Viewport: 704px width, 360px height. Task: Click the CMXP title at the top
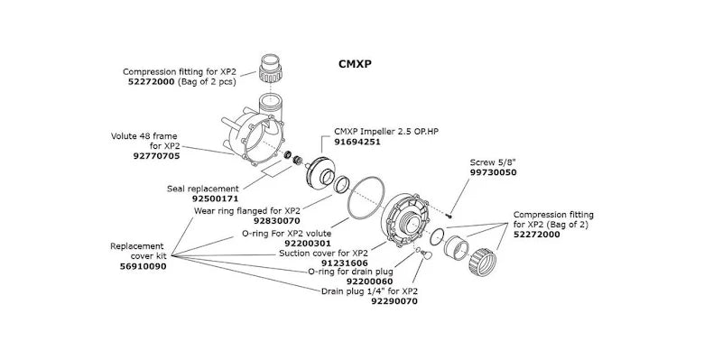355,64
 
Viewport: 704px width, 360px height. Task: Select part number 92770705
156,156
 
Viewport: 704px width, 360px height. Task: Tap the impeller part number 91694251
357,142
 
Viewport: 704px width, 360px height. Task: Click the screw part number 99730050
493,172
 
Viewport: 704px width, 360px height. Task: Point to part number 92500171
216,198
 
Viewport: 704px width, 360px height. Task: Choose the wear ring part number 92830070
276,220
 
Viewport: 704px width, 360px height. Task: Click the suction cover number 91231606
345,263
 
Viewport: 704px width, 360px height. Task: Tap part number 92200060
369,282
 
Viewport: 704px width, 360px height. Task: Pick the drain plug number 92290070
394,301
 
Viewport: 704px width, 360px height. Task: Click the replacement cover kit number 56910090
143,266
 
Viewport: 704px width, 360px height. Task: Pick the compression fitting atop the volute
271,69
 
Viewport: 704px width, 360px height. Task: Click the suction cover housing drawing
406,220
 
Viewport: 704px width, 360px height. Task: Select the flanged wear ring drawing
342,184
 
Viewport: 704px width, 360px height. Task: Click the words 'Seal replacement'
203,189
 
